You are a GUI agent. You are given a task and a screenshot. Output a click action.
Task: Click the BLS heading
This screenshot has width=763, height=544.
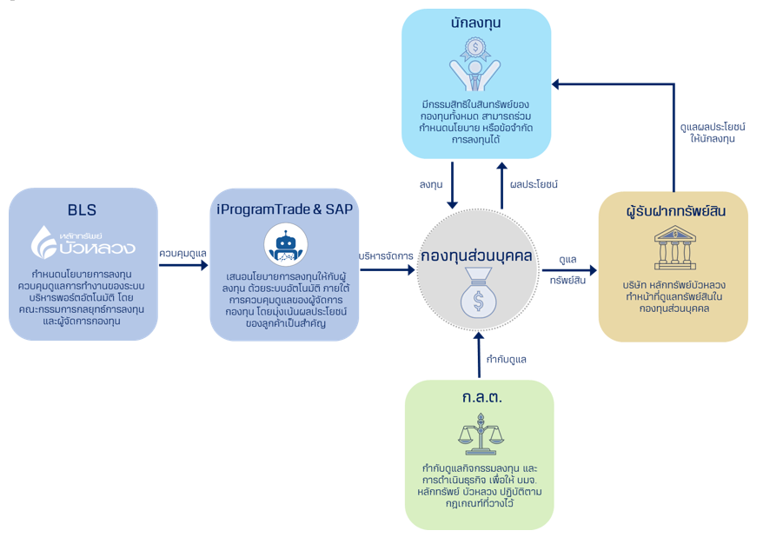[x=83, y=209]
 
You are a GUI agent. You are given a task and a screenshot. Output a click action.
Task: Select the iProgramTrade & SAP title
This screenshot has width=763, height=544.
[x=285, y=209]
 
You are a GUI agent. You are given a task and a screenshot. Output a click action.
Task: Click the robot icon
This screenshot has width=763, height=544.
[x=284, y=246]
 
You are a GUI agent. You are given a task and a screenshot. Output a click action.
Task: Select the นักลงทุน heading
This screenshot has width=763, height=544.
[x=476, y=23]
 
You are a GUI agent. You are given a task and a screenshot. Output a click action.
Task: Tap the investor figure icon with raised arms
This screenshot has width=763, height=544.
[x=475, y=64]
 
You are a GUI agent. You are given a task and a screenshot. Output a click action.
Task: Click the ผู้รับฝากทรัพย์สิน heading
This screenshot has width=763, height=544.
[x=674, y=211]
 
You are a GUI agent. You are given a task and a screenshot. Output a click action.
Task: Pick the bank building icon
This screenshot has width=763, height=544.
[x=673, y=249]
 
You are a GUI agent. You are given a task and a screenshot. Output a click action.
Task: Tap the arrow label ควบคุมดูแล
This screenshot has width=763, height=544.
[x=183, y=253]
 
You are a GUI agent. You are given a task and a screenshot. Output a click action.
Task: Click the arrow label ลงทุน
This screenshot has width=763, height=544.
[x=431, y=184]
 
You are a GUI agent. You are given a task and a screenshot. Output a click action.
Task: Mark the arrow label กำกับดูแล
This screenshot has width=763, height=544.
[x=506, y=359]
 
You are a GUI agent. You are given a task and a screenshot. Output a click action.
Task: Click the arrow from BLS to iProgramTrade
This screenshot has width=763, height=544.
[x=183, y=266]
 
